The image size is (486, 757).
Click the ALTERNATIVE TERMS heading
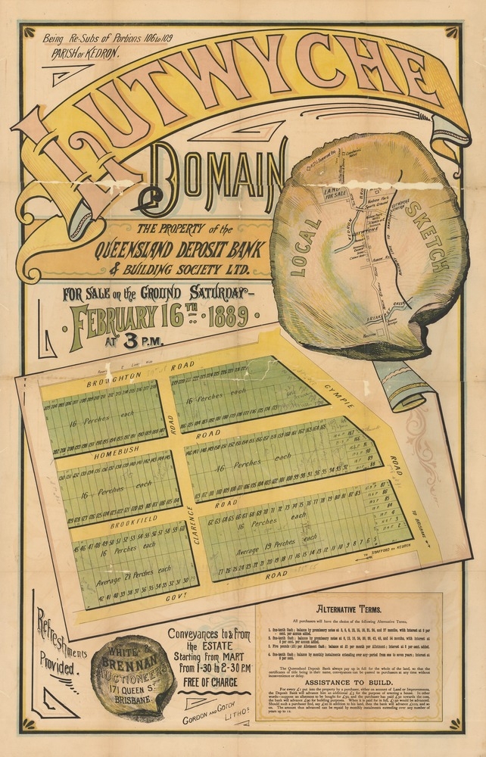349,608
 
